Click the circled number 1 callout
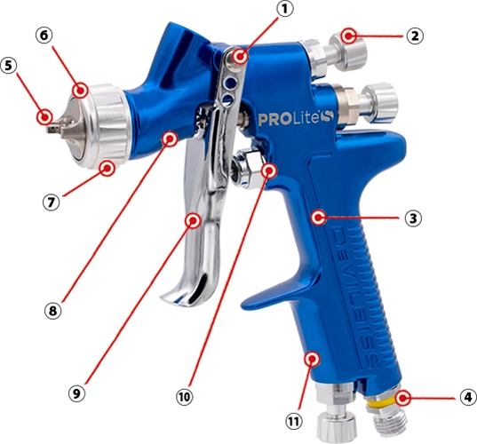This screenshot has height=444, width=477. coord(284,9)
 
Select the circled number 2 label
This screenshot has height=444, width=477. coord(415,36)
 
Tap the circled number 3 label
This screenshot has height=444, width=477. coord(413,218)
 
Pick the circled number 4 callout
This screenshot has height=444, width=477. coord(468,398)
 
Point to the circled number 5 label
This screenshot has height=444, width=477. coord(9,66)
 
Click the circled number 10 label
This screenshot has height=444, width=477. coord(185,397)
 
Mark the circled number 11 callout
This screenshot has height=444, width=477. coord(293,422)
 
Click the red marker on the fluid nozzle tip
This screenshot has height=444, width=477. coord(44,117)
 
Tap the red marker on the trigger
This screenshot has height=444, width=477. coord(193,220)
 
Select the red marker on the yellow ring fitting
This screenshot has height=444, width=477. coord(402,398)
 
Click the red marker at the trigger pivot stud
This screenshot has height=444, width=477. coord(241,57)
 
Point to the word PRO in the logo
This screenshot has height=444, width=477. coord(271,120)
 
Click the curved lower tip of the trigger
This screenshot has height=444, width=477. coord(175,297)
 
